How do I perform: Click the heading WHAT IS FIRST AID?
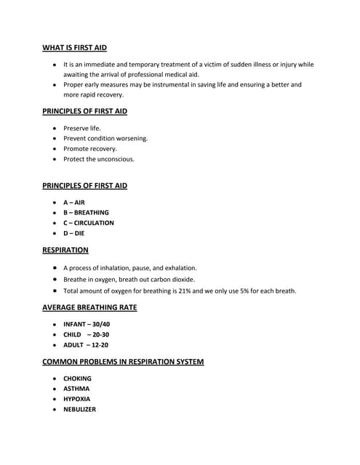[75, 48]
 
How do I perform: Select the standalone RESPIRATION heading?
[65, 251]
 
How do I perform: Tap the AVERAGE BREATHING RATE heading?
[89, 308]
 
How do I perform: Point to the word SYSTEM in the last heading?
[187, 362]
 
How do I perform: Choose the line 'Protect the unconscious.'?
[99, 159]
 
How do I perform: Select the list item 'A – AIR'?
[74, 203]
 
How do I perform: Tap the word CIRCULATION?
[94, 223]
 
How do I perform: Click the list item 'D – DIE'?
[74, 233]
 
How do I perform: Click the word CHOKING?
[77, 379]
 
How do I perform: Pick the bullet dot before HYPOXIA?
[55, 399]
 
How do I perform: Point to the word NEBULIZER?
[79, 409]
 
